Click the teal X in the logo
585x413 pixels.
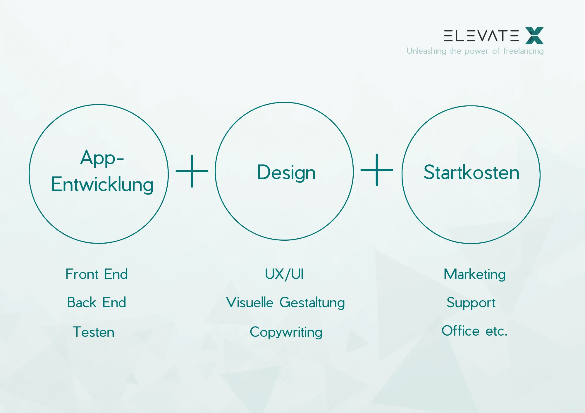(x=534, y=36)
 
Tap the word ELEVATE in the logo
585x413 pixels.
(x=481, y=36)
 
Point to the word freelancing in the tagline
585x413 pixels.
(x=523, y=51)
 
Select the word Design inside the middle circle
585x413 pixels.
(x=286, y=172)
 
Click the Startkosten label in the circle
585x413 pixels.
(x=471, y=172)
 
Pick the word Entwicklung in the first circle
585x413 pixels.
(x=102, y=185)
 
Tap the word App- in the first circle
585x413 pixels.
(x=102, y=158)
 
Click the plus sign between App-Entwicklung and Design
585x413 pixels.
(x=192, y=171)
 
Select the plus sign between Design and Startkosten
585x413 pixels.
(x=377, y=170)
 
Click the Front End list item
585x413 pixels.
(x=97, y=274)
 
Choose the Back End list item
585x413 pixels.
(x=97, y=302)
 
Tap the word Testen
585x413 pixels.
(x=94, y=332)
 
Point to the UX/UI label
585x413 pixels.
(x=284, y=274)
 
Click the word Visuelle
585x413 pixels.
(x=250, y=302)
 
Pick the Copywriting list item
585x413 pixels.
(x=286, y=332)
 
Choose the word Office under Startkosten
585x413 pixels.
(x=460, y=331)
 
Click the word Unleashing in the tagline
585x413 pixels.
(x=426, y=51)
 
